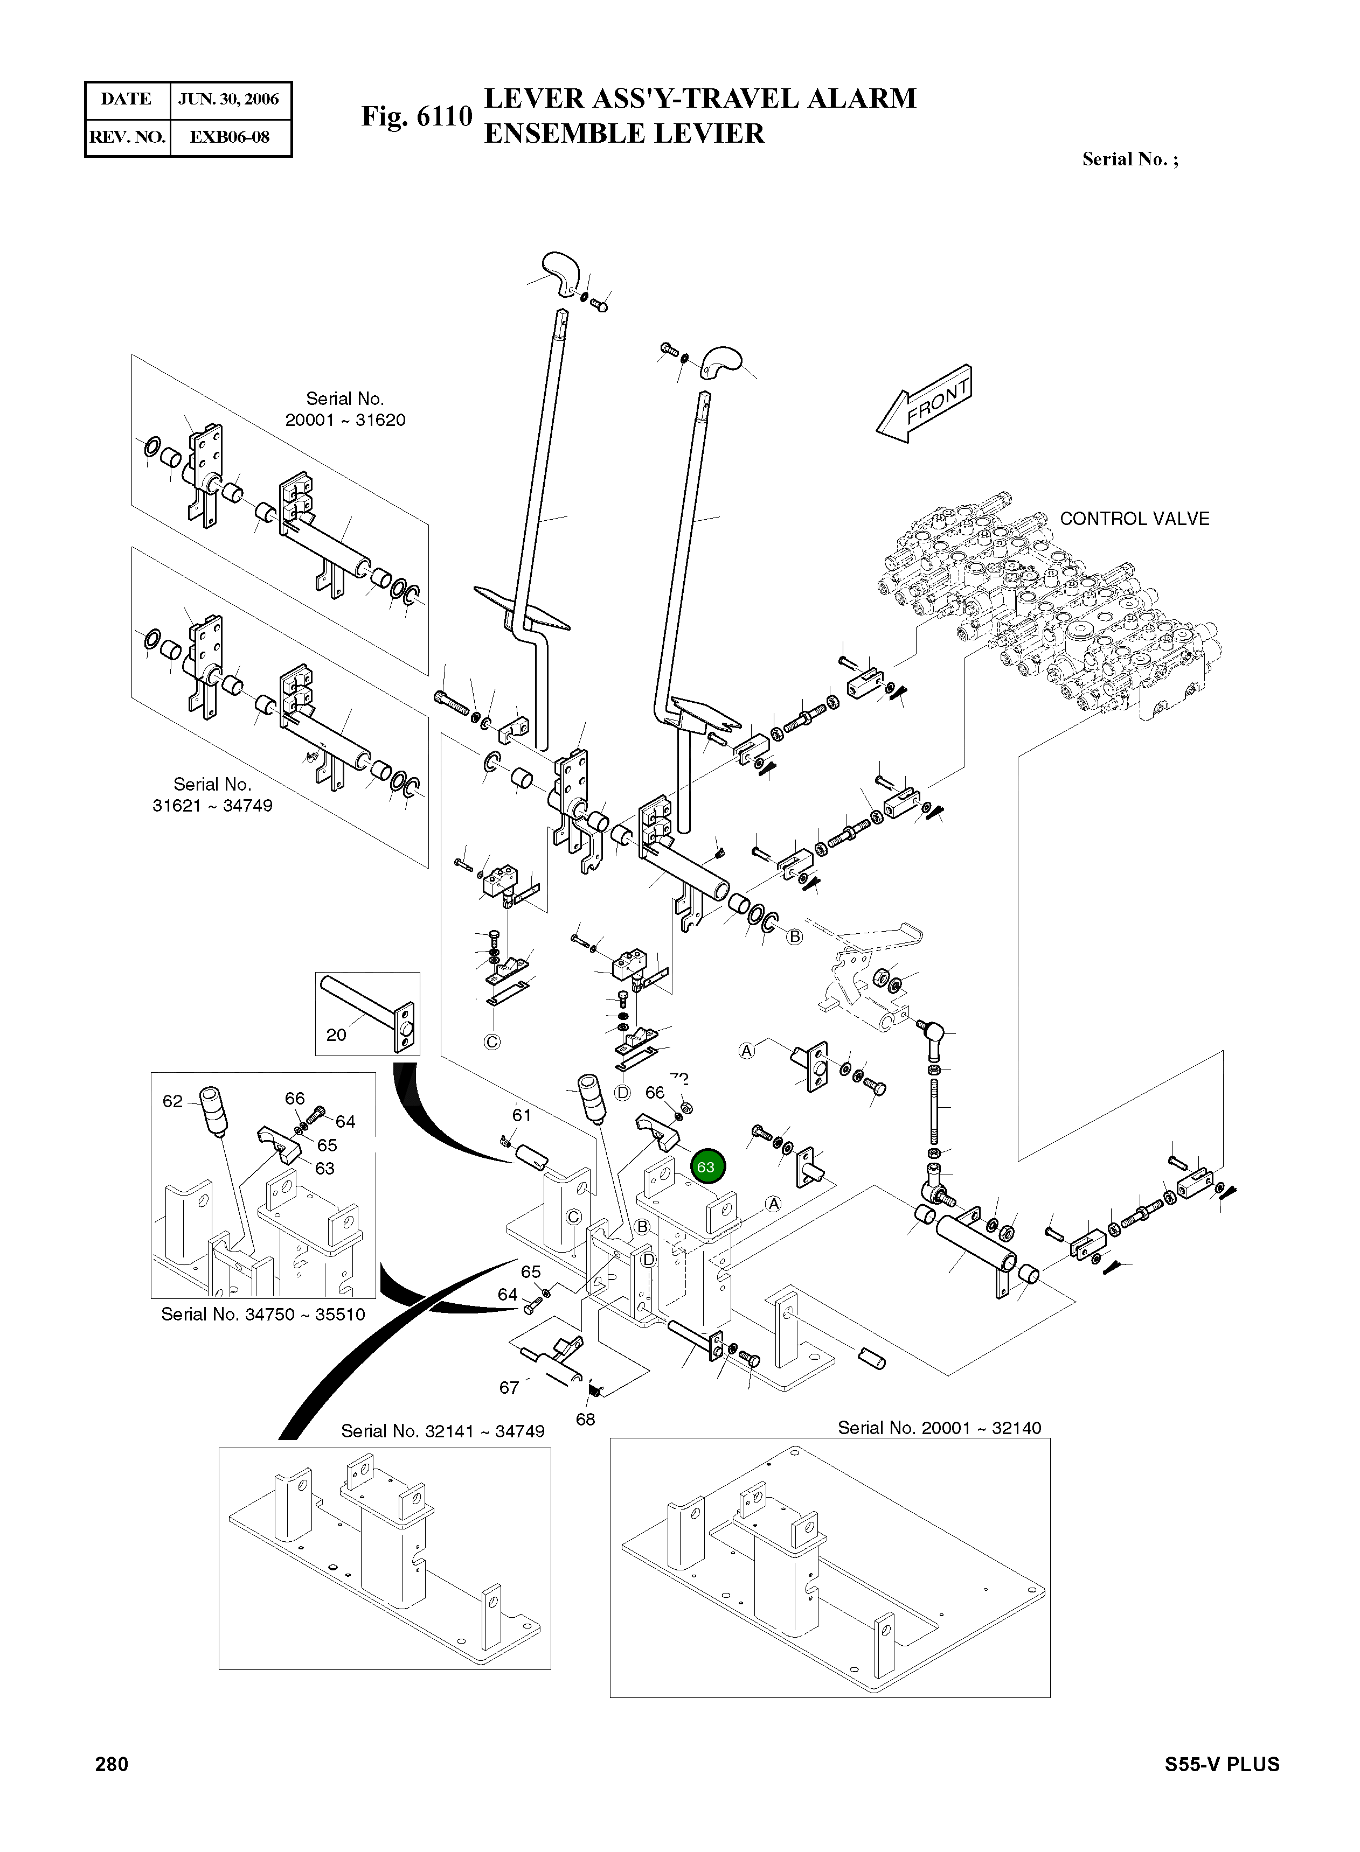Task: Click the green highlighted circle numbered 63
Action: (x=705, y=1166)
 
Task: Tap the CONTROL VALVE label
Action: (x=1134, y=519)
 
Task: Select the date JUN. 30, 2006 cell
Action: (x=229, y=100)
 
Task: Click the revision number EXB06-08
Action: (x=229, y=137)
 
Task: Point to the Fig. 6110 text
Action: (x=417, y=117)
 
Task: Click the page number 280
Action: (x=112, y=1764)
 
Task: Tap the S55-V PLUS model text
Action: (x=1222, y=1765)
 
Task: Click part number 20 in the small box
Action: (x=336, y=1035)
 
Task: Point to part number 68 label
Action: (x=585, y=1419)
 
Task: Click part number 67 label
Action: (x=509, y=1388)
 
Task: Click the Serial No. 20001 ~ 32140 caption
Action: (x=939, y=1428)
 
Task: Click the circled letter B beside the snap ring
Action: (x=794, y=937)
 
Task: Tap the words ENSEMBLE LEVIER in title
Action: (x=624, y=133)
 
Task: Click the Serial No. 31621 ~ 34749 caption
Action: (x=212, y=795)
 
